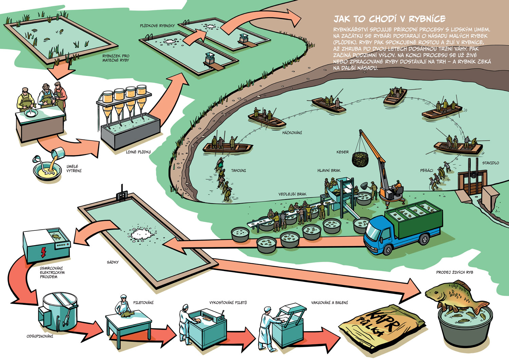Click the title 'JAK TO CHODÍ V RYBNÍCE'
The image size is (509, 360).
(x=389, y=19)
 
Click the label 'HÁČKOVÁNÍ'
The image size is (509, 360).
(x=292, y=133)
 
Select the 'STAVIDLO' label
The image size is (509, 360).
(x=490, y=163)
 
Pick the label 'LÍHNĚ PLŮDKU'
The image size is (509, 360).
(x=138, y=152)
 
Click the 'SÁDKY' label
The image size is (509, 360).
(x=113, y=262)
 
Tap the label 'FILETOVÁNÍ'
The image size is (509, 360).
(x=143, y=302)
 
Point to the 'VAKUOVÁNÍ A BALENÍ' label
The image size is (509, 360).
(x=329, y=302)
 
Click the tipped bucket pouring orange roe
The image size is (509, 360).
(x=58, y=154)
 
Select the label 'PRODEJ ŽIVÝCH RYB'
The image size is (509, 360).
(x=454, y=272)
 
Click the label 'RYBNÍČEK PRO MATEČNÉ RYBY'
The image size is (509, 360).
(x=116, y=58)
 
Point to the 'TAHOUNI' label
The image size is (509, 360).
(x=239, y=170)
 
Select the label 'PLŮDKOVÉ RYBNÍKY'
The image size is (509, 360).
(x=157, y=26)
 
